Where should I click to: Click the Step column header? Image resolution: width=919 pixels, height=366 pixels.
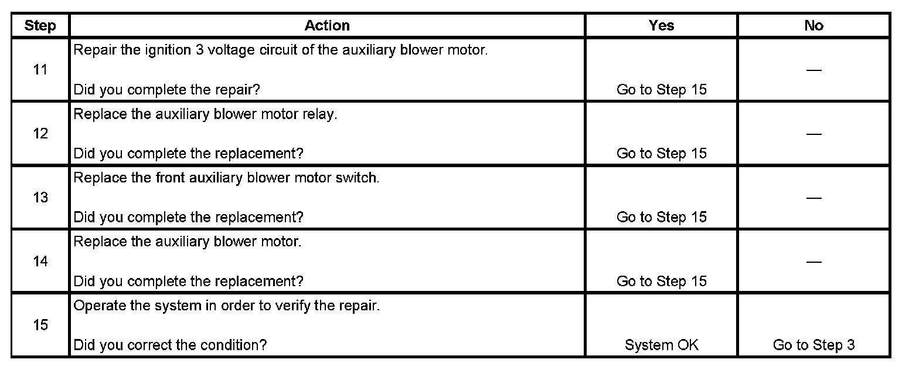pyautogui.click(x=40, y=26)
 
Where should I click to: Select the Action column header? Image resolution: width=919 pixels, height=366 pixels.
pyautogui.click(x=327, y=26)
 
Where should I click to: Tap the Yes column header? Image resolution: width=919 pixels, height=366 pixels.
pyautogui.click(x=661, y=26)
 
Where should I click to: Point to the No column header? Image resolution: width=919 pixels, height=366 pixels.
pyautogui.click(x=814, y=26)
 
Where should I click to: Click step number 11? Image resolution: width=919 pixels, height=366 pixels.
pyautogui.click(x=40, y=70)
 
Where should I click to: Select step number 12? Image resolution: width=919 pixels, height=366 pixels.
pyautogui.click(x=40, y=134)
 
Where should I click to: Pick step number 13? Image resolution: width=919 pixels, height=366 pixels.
pyautogui.click(x=40, y=198)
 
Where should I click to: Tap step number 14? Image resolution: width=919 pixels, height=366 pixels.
pyautogui.click(x=40, y=262)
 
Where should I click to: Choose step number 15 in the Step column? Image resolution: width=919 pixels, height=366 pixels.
pyautogui.click(x=40, y=325)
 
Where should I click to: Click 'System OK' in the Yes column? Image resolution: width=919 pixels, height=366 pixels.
pyautogui.click(x=662, y=345)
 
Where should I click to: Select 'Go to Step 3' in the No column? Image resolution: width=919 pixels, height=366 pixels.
pyautogui.click(x=814, y=345)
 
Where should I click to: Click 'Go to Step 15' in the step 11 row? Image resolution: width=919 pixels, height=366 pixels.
pyautogui.click(x=662, y=90)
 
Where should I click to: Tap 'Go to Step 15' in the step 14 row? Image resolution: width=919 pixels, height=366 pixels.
pyautogui.click(x=662, y=282)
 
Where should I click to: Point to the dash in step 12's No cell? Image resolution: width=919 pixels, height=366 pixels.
pyautogui.click(x=814, y=134)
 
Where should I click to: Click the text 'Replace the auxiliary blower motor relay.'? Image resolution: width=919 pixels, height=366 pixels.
pyautogui.click(x=205, y=114)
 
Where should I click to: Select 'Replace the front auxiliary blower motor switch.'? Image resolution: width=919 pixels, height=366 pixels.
pyautogui.click(x=226, y=178)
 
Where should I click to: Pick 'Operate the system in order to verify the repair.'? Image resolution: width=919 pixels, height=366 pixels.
pyautogui.click(x=226, y=306)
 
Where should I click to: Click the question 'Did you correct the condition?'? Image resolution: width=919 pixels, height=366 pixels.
pyautogui.click(x=170, y=345)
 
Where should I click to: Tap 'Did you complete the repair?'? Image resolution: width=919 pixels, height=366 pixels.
pyautogui.click(x=166, y=90)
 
